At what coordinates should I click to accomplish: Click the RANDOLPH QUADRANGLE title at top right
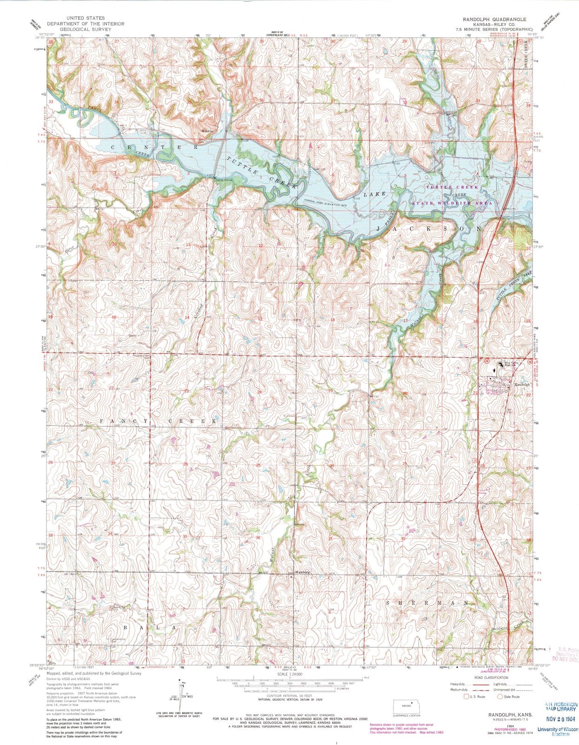coord(494,19)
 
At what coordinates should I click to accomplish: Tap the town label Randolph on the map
coord(522,384)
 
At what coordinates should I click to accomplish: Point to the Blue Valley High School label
coord(511,365)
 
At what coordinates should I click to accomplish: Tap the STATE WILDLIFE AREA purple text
coord(451,203)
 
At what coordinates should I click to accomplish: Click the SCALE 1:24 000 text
coord(289,674)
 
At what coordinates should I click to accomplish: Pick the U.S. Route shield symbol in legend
coord(467,697)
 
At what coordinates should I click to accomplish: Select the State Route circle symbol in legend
coord(500,697)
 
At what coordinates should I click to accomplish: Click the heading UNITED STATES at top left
coord(86,18)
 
